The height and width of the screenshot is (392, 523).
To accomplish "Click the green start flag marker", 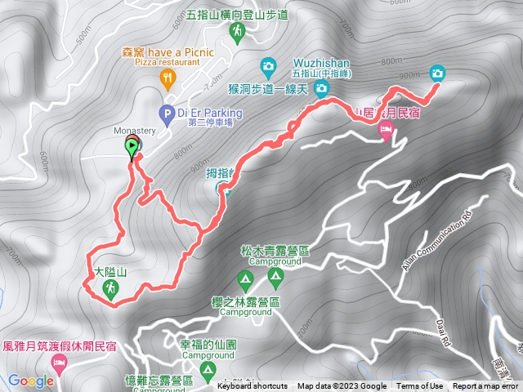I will [x=132, y=147].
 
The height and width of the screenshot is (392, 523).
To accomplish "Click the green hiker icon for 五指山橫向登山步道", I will [x=237, y=32].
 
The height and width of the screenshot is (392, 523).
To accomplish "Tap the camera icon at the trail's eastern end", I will [x=437, y=73].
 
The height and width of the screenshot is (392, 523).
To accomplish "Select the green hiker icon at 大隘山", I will [x=112, y=287].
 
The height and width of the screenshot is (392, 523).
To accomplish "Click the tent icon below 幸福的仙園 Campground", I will [x=208, y=373].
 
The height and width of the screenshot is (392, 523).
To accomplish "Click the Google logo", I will [x=31, y=381].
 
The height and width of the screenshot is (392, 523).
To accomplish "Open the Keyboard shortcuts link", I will [x=253, y=386].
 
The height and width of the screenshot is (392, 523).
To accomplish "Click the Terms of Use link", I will [x=420, y=386].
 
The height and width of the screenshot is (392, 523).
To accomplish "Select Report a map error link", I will [x=486, y=386].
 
